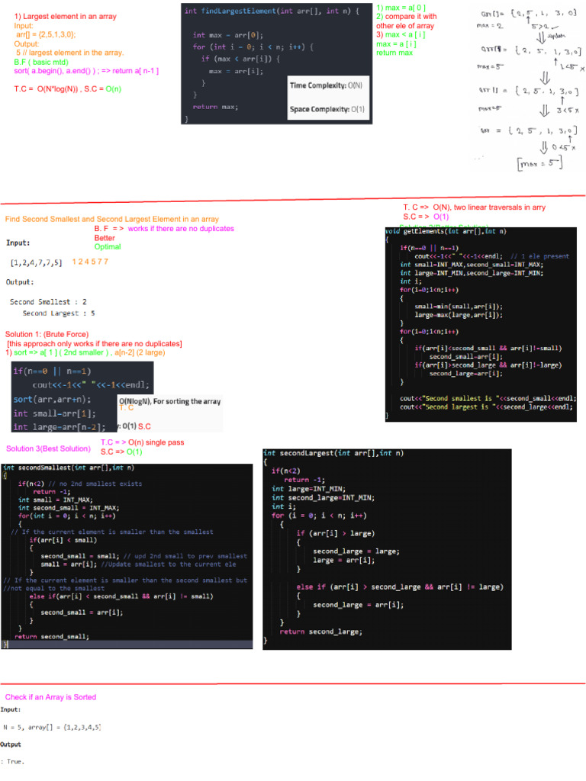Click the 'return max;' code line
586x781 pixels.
[x=215, y=107]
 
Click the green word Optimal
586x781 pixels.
[x=108, y=247]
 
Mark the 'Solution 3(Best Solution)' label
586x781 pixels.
[x=48, y=448]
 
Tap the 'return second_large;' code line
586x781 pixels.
[x=321, y=632]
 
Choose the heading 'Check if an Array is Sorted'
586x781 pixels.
[x=50, y=697]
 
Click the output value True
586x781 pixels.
[x=14, y=761]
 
